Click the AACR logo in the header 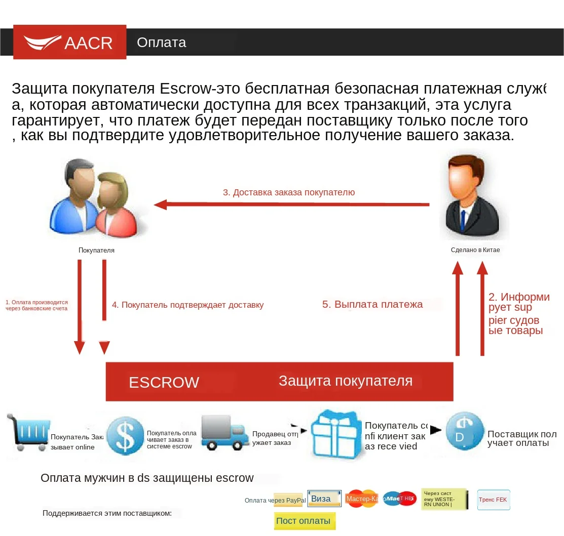[69, 42]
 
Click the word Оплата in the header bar [162, 43]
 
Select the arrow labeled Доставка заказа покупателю [291, 204]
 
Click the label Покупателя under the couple [96, 250]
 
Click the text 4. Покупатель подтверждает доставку [187, 305]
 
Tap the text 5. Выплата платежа [372, 304]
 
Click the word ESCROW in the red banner [164, 382]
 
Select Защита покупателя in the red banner [346, 381]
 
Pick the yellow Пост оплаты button [304, 521]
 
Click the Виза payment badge [324, 499]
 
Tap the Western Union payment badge [444, 499]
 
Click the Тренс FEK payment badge [493, 500]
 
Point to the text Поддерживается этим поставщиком [107, 513]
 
